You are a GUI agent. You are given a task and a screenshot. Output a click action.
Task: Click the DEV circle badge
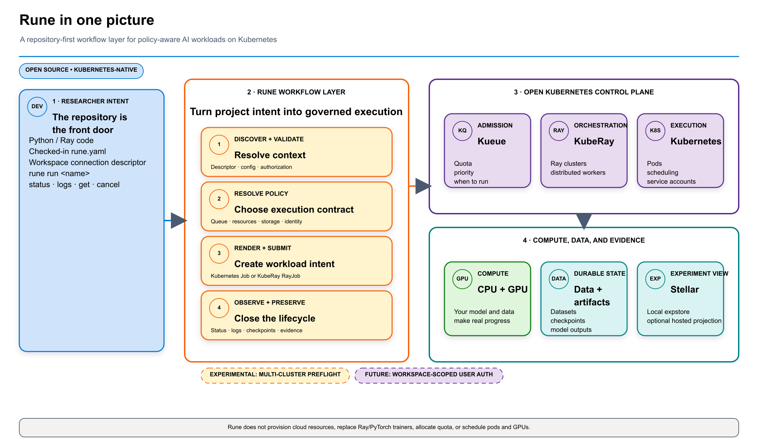coord(37,106)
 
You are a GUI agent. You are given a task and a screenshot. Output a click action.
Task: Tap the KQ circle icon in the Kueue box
coord(462,131)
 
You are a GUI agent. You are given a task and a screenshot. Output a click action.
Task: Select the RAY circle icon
coord(559,131)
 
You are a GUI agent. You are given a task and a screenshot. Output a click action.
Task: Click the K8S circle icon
coord(655,131)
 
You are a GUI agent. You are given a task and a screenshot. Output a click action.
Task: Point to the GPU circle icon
coord(462,279)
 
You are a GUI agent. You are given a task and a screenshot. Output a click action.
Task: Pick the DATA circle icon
coord(559,279)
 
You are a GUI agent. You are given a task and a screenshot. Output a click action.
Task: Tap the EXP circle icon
coord(655,279)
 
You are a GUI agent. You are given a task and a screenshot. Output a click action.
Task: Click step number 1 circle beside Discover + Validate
coord(219,144)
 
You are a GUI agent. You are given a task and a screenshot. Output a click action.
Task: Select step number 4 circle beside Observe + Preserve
coord(219,308)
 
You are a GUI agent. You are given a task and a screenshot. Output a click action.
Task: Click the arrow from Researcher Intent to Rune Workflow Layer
coord(175,221)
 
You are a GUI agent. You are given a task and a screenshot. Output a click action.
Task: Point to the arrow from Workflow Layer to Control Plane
coord(420,186)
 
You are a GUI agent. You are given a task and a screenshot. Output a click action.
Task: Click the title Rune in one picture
coord(87,20)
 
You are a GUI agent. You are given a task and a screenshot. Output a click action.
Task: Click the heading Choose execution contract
coord(294,210)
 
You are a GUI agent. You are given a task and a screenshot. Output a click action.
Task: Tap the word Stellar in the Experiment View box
coord(685,289)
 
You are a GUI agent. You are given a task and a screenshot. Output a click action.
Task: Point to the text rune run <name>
coord(59,173)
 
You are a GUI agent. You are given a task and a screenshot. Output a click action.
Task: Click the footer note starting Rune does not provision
coord(379,427)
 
